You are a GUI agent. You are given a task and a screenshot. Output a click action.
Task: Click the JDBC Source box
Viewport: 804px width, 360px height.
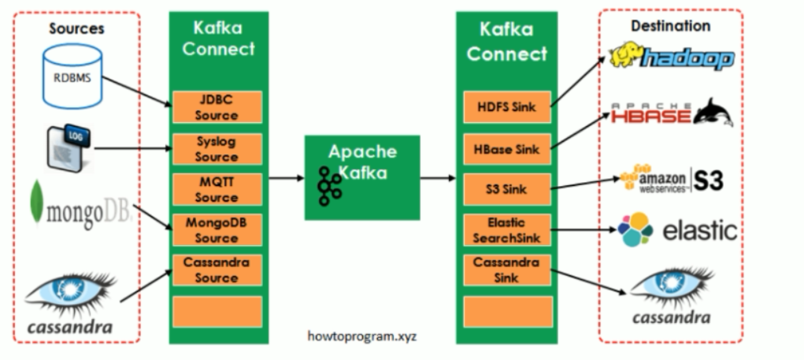[217, 108]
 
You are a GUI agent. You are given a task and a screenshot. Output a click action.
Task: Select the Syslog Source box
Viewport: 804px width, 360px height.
[217, 149]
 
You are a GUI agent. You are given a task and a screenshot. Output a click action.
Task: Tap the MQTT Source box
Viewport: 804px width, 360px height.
[217, 190]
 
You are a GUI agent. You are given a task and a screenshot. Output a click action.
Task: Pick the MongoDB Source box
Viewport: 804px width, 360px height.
[217, 231]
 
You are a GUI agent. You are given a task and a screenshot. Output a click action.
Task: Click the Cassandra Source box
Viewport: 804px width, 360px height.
[217, 271]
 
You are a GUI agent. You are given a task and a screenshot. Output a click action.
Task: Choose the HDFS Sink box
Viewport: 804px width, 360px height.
[506, 107]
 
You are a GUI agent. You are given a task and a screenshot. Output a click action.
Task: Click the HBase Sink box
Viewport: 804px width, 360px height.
[506, 149]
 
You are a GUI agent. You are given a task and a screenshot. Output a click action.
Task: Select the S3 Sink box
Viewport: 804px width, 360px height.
[506, 190]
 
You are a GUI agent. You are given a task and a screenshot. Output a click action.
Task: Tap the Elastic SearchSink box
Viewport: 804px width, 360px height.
[506, 230]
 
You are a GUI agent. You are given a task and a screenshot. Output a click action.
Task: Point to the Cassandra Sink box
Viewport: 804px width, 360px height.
[506, 270]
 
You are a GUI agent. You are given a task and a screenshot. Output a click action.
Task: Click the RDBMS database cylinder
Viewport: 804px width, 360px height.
[73, 77]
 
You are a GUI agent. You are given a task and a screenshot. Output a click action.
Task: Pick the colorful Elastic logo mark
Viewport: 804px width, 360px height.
[635, 229]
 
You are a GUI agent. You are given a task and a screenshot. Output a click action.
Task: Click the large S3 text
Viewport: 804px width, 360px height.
[707, 180]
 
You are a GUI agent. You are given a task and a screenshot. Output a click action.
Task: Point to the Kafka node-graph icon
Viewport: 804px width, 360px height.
[330, 186]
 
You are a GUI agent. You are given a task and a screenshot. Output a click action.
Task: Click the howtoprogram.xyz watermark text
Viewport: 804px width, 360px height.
[361, 336]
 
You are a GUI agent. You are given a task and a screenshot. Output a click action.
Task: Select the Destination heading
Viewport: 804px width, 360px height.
[670, 26]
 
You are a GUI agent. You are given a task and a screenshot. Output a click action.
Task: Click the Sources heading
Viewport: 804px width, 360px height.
[76, 29]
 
